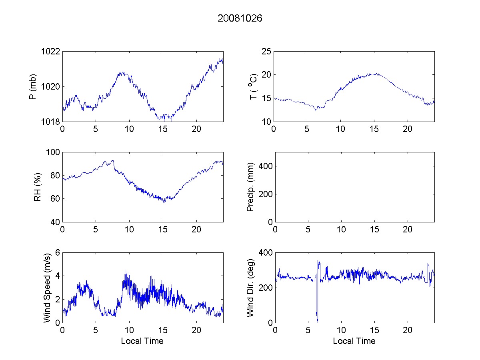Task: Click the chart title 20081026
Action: pos(240,18)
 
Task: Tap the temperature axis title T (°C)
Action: pos(252,86)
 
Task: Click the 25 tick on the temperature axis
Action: pos(267,52)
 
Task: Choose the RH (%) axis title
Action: pos(38,187)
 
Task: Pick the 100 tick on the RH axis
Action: pos(54,152)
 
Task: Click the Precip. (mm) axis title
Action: pos(251,187)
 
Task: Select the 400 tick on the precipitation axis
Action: pos(265,166)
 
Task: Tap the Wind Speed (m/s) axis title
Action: pos(47,288)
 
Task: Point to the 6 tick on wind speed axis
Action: pos(58,253)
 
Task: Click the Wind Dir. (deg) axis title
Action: pos(251,288)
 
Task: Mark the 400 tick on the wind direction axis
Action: pos(265,253)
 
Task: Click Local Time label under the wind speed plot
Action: pos(142,341)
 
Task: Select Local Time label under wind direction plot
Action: pos(354,341)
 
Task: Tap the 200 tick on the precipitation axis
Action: pos(265,194)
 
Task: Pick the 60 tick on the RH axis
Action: pos(55,199)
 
